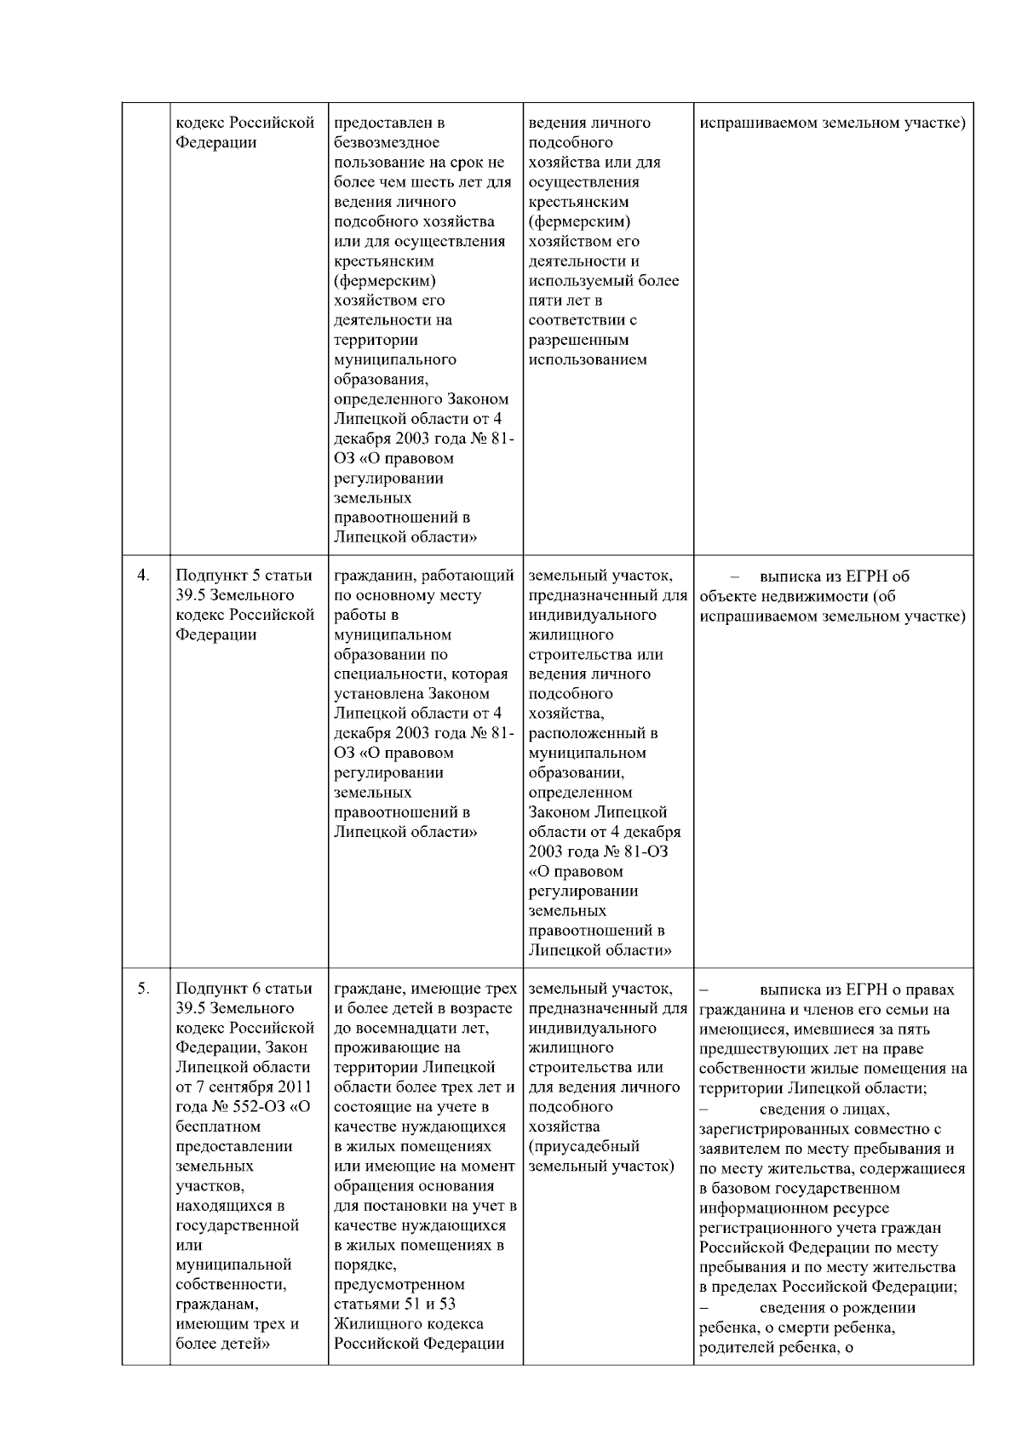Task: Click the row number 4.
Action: click(144, 576)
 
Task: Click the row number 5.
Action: click(144, 989)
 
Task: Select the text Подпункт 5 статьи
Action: click(244, 576)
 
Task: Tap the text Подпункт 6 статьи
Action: click(244, 989)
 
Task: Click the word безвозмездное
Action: click(387, 142)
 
